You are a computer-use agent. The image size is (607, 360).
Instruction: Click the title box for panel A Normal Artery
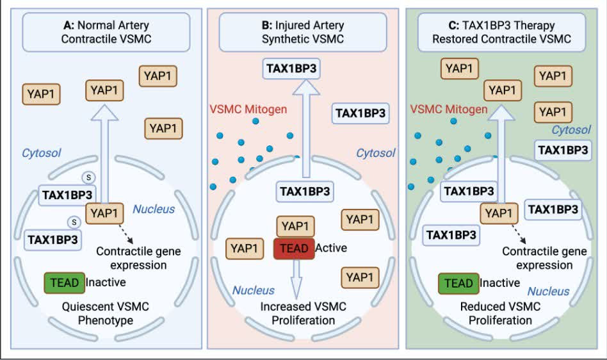106,32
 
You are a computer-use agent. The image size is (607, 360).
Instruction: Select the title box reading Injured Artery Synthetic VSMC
303,32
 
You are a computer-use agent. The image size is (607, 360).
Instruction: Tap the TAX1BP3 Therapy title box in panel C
501,32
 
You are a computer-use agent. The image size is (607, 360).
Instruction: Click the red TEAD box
294,249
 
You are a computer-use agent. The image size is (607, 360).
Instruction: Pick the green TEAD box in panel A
64,282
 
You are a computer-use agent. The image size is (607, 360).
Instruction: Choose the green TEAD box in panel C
458,283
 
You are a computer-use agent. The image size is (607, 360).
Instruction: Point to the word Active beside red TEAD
331,248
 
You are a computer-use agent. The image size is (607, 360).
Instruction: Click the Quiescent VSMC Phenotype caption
105,313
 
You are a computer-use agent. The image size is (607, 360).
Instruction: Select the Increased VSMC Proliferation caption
303,313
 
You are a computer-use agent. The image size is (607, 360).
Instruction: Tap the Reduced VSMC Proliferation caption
500,313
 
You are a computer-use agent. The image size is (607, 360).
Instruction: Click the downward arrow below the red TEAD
296,279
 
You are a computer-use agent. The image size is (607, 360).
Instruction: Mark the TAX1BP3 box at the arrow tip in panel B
291,69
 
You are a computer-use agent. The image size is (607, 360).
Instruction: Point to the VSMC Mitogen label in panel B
248,109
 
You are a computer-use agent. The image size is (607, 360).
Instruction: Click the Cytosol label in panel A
42,153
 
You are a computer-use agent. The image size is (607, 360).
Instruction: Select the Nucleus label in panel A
154,209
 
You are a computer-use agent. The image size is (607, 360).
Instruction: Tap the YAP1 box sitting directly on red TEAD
295,227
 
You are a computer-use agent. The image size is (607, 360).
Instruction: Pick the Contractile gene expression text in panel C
544,258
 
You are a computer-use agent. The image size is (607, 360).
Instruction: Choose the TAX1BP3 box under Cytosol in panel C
563,150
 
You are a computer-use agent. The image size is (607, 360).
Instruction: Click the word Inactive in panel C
500,283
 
